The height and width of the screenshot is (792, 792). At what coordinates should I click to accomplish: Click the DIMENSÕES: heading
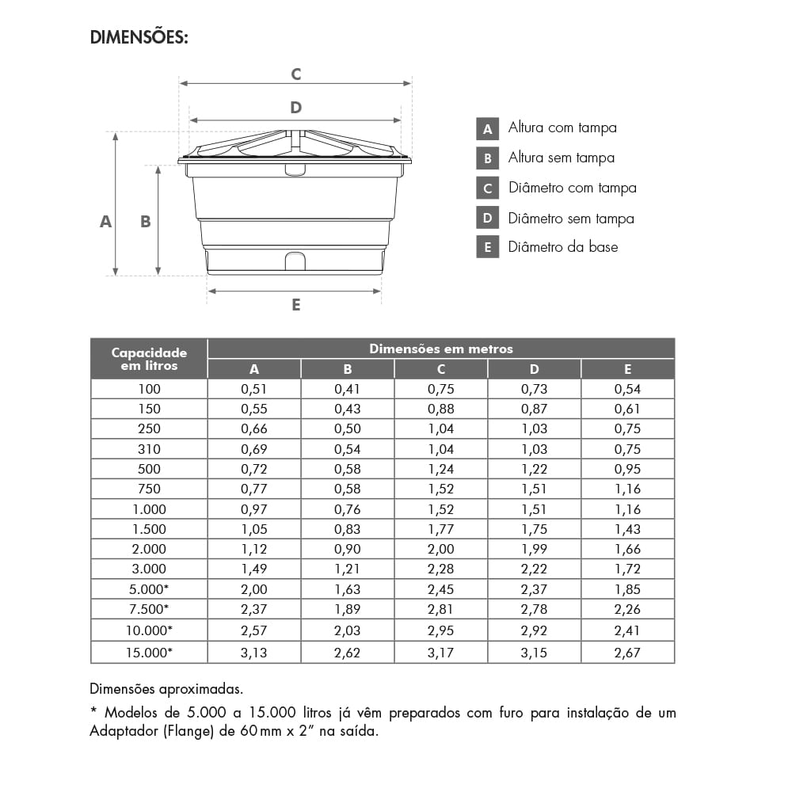(139, 37)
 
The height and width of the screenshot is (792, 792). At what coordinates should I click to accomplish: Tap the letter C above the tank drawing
(295, 74)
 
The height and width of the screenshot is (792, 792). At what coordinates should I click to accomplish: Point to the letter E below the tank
(295, 305)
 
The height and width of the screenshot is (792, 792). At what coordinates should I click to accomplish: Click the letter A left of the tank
(105, 223)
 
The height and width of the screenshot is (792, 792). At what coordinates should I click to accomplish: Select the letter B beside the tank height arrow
(146, 223)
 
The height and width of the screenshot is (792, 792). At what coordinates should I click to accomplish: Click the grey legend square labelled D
(488, 218)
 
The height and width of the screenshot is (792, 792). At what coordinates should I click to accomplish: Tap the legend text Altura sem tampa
(561, 158)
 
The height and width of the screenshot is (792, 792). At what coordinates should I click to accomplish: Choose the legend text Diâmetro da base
(562, 247)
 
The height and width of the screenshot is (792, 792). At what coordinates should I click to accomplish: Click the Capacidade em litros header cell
(149, 359)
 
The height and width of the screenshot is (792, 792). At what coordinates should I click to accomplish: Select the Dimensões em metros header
(441, 348)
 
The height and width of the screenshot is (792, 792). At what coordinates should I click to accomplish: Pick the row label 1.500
(149, 529)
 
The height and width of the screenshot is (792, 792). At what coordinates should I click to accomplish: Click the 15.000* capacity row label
(149, 653)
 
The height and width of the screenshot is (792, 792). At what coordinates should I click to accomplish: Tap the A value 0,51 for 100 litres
(254, 389)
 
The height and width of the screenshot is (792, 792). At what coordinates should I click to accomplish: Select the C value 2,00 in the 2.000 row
(441, 549)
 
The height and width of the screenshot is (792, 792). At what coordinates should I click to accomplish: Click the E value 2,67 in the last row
(627, 653)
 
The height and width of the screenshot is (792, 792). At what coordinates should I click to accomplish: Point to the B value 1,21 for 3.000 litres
(348, 569)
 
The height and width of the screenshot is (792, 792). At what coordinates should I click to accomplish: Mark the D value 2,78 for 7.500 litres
(535, 609)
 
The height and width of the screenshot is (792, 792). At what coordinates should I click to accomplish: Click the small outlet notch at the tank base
(295, 261)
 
